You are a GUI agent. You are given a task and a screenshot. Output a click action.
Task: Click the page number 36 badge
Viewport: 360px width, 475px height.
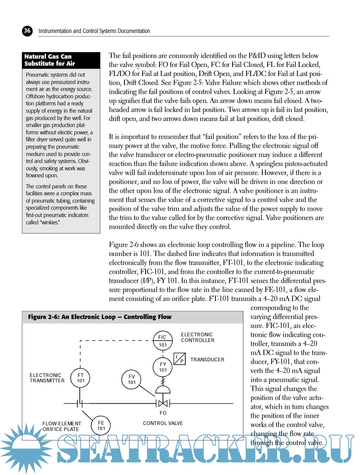27,31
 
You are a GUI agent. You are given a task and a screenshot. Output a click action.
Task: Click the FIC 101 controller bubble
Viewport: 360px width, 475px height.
163,341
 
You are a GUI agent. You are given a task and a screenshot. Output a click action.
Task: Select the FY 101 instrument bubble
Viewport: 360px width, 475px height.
163,367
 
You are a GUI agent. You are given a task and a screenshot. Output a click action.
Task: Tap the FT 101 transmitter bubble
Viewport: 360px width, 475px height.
81,378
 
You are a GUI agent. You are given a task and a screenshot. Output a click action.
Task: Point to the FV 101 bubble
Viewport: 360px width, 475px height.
132,379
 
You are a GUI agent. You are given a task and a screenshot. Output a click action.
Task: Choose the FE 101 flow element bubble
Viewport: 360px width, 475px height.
101,426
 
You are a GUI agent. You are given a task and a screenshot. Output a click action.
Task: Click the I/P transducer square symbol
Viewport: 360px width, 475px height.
180,359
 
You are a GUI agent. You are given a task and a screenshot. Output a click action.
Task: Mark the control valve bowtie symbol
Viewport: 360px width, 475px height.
163,403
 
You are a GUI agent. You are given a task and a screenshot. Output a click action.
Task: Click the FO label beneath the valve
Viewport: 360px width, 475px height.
163,413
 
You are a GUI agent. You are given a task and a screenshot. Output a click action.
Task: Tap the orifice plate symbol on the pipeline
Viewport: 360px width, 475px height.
80,403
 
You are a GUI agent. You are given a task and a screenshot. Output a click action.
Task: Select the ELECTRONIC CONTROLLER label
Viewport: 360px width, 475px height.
197,337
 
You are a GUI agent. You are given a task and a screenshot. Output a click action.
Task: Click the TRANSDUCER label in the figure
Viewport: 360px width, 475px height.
207,360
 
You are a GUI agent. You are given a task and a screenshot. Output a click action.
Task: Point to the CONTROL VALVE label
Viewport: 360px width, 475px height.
163,423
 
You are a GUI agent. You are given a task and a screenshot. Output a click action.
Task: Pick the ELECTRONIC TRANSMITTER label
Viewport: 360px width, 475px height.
47,378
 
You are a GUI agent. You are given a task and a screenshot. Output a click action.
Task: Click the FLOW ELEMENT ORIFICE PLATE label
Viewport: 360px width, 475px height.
61,426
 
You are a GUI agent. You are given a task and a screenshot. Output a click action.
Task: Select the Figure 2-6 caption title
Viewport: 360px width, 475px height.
100,317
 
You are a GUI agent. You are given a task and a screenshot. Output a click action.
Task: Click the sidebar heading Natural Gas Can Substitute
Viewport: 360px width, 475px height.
50,60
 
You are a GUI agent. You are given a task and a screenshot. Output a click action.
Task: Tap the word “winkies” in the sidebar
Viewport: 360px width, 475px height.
50,222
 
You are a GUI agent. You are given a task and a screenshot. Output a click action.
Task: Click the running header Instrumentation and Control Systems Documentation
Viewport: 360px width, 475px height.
94,31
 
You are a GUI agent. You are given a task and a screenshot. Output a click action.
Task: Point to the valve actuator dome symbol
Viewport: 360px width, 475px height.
163,390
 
